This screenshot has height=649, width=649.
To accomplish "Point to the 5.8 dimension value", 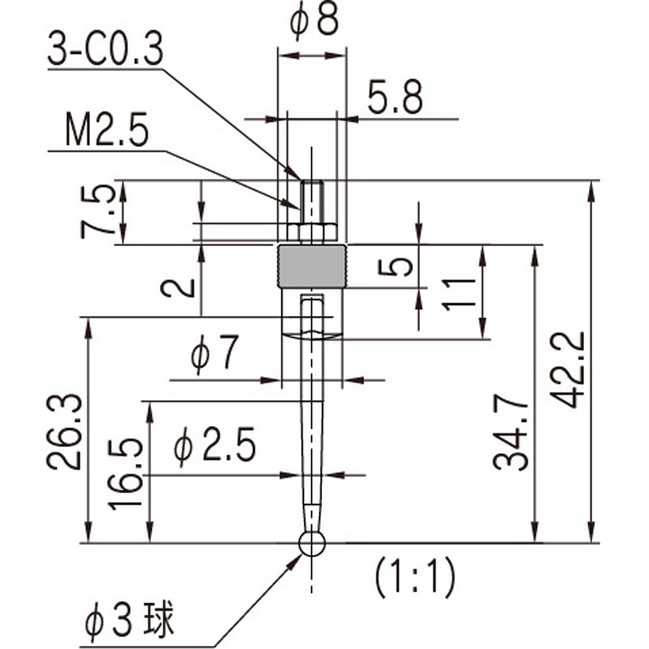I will (x=395, y=98).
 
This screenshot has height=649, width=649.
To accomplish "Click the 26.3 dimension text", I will (x=63, y=432).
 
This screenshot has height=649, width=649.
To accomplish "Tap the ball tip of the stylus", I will (x=312, y=544).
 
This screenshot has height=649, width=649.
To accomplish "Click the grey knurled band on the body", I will (x=312, y=266).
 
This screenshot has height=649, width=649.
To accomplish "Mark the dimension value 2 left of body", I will (x=178, y=286).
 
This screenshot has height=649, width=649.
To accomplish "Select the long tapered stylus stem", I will (x=312, y=422).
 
